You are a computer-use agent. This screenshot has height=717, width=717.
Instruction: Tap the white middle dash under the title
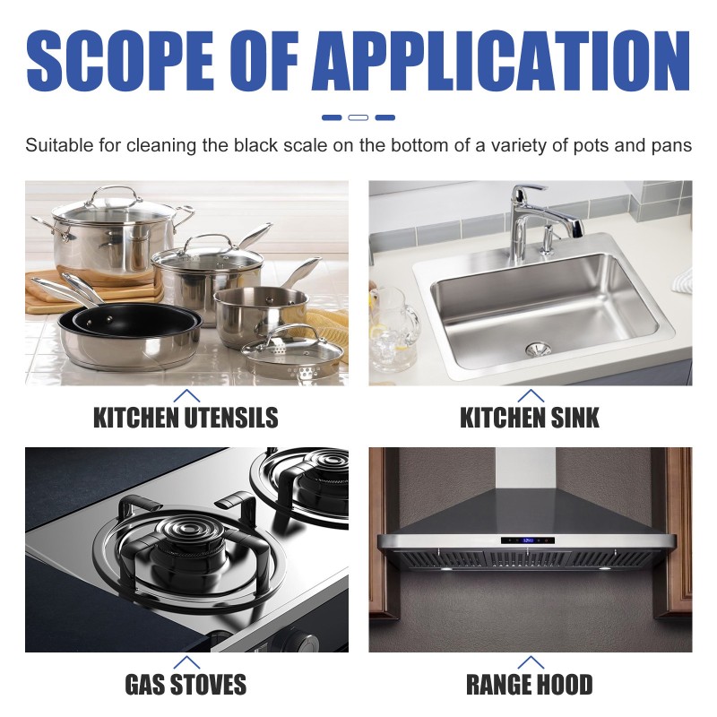[358, 117]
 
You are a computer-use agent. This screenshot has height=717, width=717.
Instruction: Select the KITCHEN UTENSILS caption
[186, 417]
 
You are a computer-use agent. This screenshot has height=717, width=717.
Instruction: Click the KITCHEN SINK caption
[530, 417]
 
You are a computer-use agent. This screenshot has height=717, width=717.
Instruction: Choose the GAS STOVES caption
[186, 686]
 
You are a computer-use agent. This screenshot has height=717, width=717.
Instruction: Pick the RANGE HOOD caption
[530, 686]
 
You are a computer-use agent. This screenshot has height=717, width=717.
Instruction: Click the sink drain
[536, 346]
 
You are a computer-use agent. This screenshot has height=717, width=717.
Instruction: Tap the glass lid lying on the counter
[296, 352]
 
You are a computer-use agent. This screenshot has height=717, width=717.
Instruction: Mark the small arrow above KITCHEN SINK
[531, 394]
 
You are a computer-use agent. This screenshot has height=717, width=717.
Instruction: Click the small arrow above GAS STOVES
[186, 663]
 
